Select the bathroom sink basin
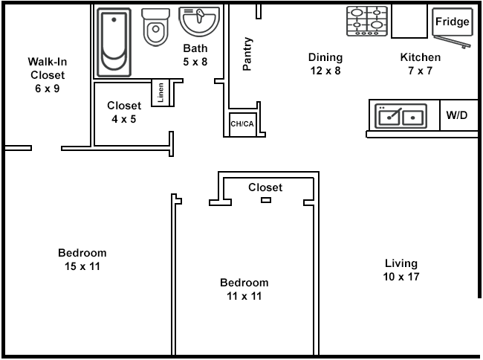click(x=199, y=21)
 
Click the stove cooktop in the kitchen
click(x=367, y=22)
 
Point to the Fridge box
click(x=452, y=22)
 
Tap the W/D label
click(x=456, y=115)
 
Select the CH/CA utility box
click(x=242, y=124)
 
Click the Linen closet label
click(x=161, y=93)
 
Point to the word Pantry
click(x=247, y=54)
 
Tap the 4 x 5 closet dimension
click(x=123, y=118)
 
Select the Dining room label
click(x=325, y=57)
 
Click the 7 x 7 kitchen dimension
click(x=420, y=71)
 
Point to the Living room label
click(x=401, y=263)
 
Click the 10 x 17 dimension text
click(x=401, y=277)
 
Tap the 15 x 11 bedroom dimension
click(x=82, y=266)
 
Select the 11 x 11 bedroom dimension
click(x=244, y=296)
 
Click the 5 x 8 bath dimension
click(x=195, y=62)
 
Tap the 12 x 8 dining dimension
click(x=325, y=71)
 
